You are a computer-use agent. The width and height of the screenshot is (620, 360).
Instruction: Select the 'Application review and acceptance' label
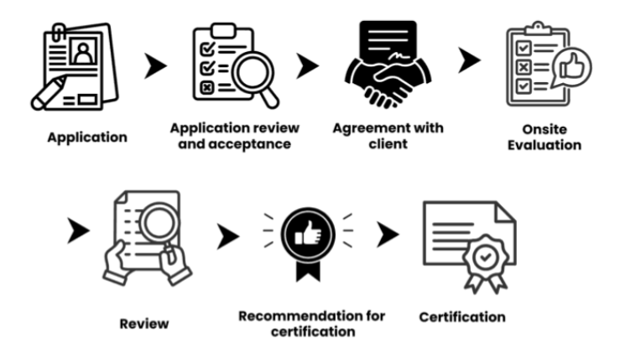(229, 136)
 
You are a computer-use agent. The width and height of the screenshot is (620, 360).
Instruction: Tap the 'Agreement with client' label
(388, 135)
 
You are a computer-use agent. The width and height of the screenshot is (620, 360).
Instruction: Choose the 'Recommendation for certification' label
(311, 323)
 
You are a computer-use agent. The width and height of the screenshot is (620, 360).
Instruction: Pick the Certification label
(462, 317)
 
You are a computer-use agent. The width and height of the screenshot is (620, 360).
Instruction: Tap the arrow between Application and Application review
(155, 67)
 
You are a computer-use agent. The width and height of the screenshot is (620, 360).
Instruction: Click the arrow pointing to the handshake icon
(308, 66)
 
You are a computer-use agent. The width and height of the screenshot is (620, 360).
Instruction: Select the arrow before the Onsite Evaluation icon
(470, 60)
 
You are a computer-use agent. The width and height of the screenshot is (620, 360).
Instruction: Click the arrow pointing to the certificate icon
(388, 235)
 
